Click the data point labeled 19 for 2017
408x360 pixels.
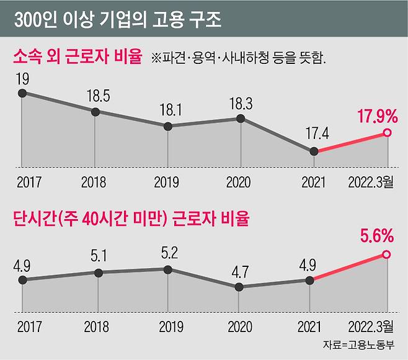coord(22,93)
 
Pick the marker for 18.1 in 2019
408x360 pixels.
coord(167,126)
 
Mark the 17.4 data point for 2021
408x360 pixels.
coord(314,151)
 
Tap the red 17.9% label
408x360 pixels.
coord(376,116)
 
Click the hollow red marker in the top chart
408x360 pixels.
coord(387,133)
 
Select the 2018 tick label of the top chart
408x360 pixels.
coord(94,182)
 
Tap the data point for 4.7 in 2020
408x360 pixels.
coord(239,287)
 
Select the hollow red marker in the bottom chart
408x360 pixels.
coord(387,254)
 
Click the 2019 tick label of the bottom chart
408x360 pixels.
coord(167,325)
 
